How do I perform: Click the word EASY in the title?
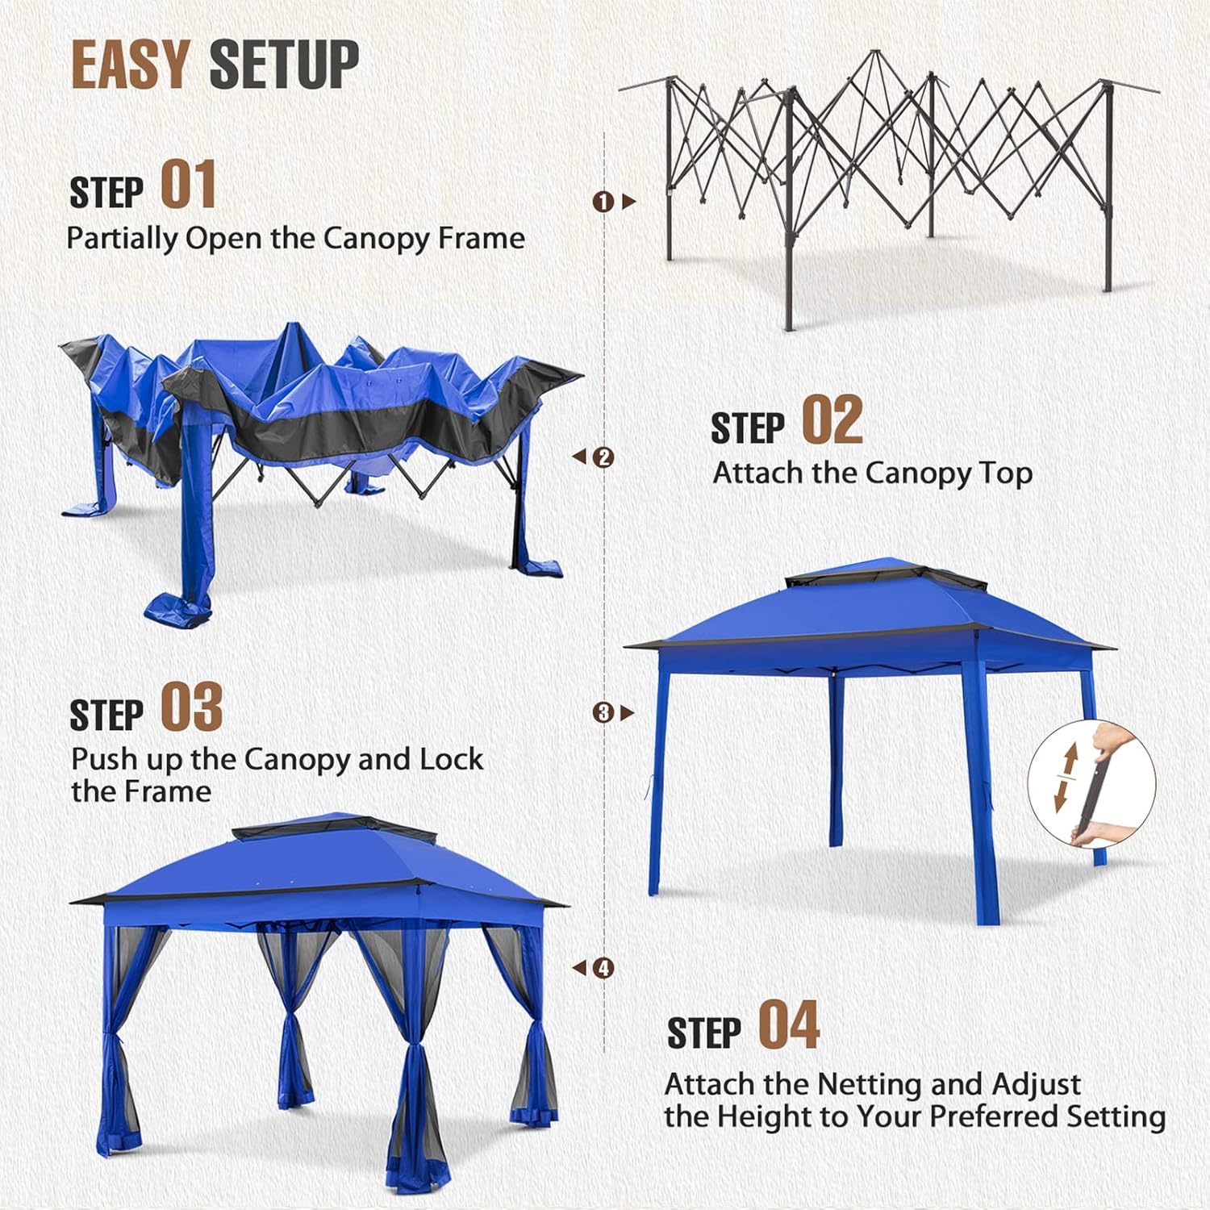(x=130, y=64)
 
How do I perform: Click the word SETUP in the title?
(x=284, y=64)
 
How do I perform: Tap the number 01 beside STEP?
(x=188, y=185)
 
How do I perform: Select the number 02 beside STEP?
(x=832, y=421)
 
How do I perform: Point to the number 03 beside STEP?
(x=191, y=707)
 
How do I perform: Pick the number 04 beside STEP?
(x=789, y=1025)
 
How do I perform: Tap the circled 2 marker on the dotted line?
(x=603, y=457)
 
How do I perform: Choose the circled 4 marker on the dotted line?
(x=603, y=968)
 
